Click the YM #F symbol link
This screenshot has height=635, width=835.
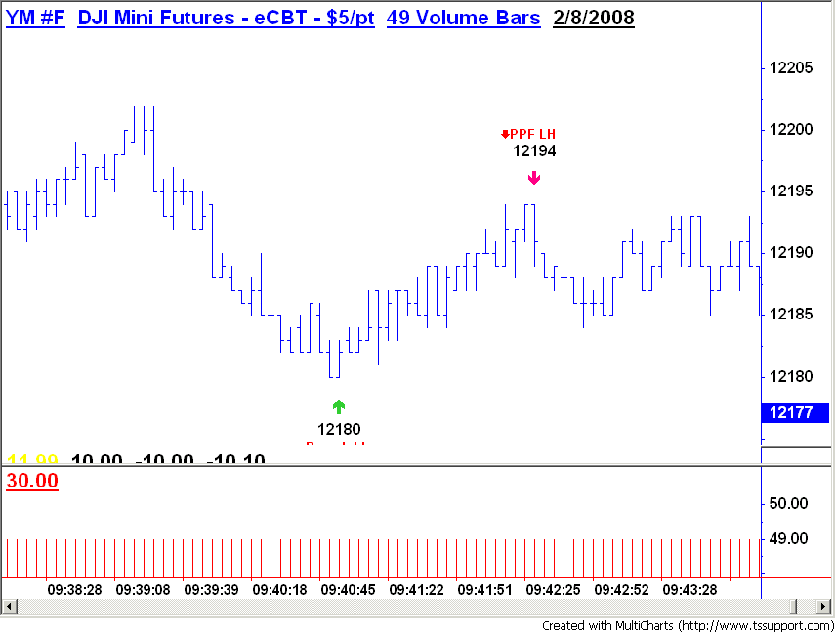pos(35,18)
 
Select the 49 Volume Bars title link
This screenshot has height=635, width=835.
pos(463,18)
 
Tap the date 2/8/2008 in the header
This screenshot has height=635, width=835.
pos(593,18)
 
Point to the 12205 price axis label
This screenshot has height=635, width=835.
pos(792,68)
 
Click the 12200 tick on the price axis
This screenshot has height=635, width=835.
pos(792,130)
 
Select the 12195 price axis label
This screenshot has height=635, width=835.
pos(792,191)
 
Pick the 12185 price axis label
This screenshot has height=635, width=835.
pos(792,315)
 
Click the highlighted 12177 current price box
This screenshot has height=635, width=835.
pos(792,413)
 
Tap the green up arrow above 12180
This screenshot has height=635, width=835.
pos(339,406)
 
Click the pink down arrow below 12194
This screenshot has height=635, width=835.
pos(534,177)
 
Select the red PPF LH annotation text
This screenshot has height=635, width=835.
pos(530,134)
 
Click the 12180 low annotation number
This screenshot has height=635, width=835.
pos(339,428)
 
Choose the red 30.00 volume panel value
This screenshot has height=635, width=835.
pos(32,481)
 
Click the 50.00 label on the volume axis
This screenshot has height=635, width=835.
pos(789,504)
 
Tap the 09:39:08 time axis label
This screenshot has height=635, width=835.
pos(143,590)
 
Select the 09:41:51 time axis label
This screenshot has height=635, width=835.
pos(485,590)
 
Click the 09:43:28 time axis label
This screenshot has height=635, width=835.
pos(689,590)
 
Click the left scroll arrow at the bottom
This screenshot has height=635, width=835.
pos(8,608)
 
